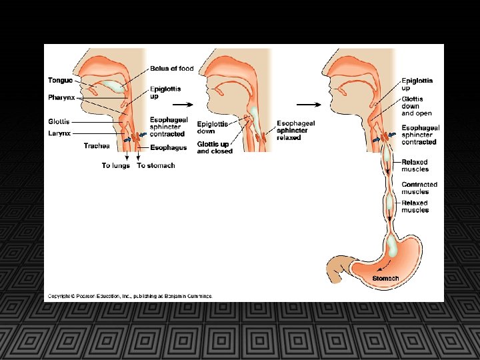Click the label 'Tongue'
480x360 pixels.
tap(60, 81)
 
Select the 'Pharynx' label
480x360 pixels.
tap(61, 97)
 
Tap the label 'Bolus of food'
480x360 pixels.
tap(171, 68)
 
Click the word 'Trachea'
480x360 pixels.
tap(97, 145)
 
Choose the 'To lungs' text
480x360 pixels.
tap(115, 165)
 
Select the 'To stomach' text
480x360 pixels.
tap(155, 165)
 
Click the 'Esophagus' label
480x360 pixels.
tap(168, 147)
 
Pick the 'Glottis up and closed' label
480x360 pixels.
tap(215, 147)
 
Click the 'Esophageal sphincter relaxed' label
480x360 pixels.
tap(296, 130)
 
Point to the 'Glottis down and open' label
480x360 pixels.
tap(417, 106)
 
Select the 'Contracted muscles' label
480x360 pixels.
tap(419, 188)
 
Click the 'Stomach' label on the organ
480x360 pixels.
tap(385, 278)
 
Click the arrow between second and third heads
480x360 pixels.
tap(307, 105)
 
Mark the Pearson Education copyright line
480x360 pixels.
tap(129, 295)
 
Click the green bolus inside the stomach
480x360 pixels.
tap(391, 248)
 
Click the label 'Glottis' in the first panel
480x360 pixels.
tap(59, 122)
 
